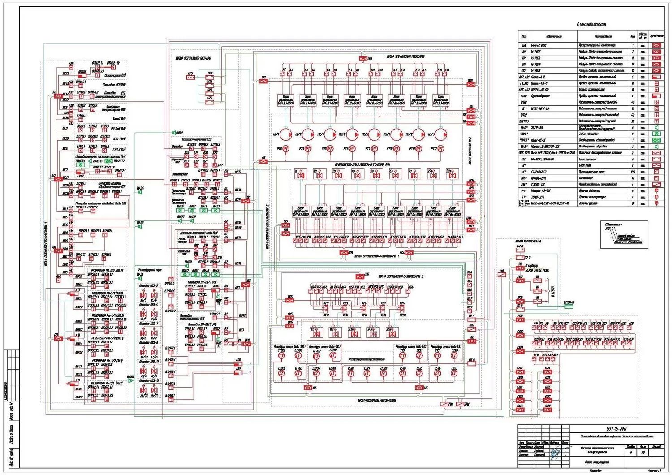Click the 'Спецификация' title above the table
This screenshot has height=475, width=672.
591,24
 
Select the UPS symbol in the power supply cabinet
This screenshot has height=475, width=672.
190,77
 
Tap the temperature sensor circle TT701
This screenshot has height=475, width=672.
282,356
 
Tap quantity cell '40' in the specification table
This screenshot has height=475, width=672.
633,102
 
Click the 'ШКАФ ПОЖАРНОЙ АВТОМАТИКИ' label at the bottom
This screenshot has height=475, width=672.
376,400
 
